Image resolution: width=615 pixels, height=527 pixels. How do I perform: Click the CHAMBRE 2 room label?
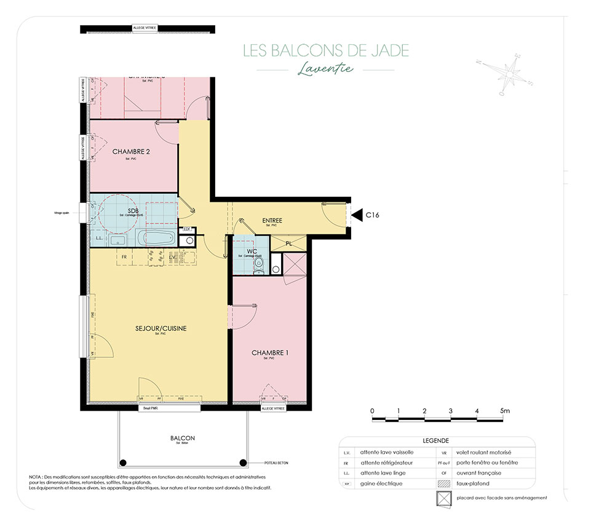[x=131, y=151]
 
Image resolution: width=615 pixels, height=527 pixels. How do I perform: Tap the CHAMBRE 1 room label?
[x=270, y=353]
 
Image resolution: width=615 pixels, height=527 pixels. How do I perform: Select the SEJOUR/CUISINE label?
[x=161, y=329]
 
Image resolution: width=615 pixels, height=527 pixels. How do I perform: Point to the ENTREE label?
[x=272, y=221]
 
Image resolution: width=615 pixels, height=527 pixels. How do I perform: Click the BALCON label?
[x=183, y=438]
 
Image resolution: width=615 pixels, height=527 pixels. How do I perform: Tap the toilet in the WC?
[x=259, y=264]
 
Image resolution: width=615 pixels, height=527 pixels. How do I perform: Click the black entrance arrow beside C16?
[x=356, y=215]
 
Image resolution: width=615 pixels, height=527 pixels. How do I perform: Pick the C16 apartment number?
[x=373, y=215]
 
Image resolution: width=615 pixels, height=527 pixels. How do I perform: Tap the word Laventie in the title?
[x=325, y=68]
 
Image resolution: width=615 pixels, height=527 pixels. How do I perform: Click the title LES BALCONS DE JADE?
[x=325, y=50]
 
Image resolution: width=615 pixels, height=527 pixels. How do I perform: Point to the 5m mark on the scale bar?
[x=505, y=410]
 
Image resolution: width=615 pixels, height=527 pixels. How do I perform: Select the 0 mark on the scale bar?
[x=372, y=410]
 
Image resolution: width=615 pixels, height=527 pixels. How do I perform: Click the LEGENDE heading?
[x=436, y=441]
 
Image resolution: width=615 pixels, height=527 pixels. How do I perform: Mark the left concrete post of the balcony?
[x=123, y=463]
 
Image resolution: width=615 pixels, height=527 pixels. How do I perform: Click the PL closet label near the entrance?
[x=289, y=244]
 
